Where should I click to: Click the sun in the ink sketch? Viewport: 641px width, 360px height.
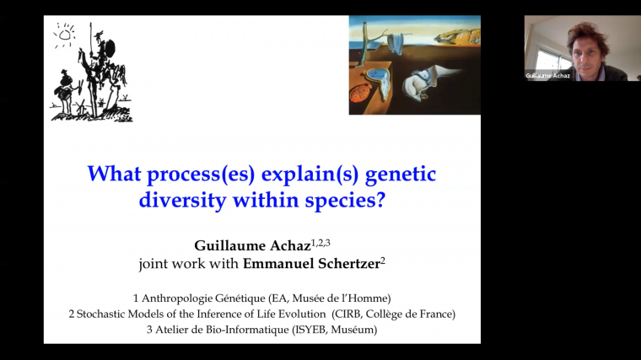click(x=64, y=35)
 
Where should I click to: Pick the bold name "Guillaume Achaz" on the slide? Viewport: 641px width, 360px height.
click(x=248, y=246)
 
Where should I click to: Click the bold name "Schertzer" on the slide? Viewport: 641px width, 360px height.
click(x=342, y=264)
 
